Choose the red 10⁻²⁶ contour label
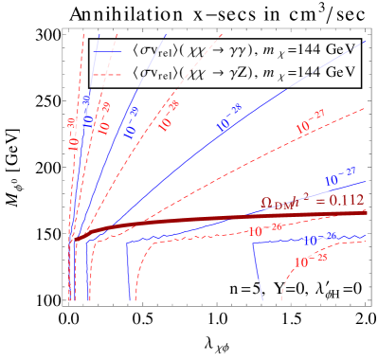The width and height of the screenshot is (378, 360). [x=266, y=228]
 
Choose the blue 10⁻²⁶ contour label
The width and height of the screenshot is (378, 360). [x=322, y=237]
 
